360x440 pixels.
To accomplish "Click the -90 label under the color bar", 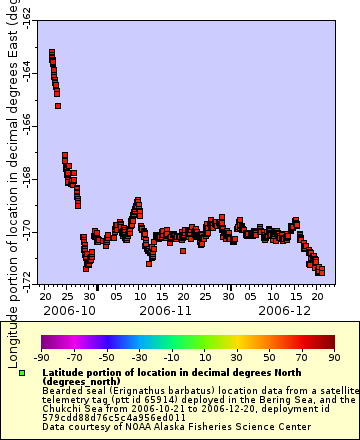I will coord(42,356).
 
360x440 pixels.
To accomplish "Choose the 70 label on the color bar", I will coord(301,356).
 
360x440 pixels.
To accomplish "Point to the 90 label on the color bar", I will coord(333,356).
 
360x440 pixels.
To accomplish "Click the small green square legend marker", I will coord(22,373).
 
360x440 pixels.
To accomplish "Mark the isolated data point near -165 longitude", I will coord(58,105).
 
